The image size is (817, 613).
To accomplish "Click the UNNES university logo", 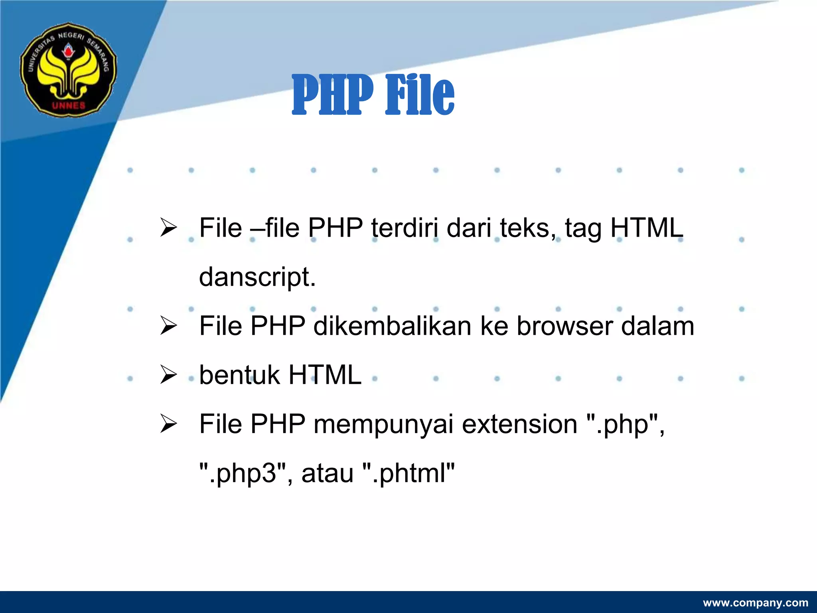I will click(x=69, y=70).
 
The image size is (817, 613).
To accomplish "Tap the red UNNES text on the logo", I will click(x=69, y=106).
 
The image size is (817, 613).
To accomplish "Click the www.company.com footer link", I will click(x=756, y=603).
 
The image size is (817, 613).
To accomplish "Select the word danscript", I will click(x=257, y=277).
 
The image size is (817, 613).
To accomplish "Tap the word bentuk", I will click(x=239, y=375).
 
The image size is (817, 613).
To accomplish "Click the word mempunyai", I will click(x=383, y=424).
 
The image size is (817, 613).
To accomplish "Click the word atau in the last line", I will click(x=328, y=473).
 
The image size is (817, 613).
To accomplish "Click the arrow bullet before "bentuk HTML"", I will click(x=168, y=375).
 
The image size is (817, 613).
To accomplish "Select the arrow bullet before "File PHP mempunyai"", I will click(x=168, y=424).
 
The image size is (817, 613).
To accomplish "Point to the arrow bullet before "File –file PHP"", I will click(x=168, y=228).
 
